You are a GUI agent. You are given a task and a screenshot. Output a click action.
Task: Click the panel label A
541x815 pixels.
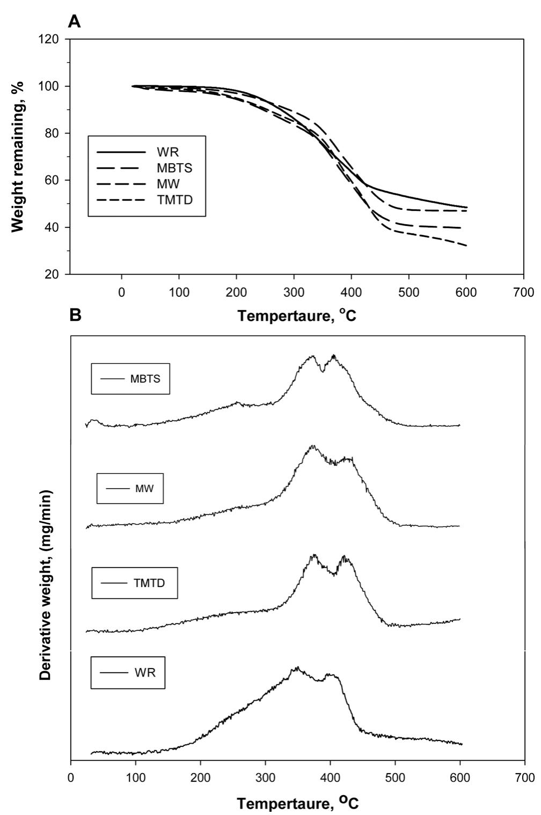click(x=76, y=22)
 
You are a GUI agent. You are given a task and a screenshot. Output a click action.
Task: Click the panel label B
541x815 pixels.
click(x=76, y=315)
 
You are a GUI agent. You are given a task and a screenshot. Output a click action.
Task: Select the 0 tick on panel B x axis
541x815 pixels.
click(x=71, y=776)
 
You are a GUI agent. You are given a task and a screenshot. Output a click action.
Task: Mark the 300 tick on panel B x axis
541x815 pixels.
click(x=265, y=776)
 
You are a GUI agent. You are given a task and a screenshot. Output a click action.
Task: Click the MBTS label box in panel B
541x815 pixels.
click(x=130, y=379)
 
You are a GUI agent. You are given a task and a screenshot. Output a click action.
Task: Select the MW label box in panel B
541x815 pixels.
click(x=130, y=488)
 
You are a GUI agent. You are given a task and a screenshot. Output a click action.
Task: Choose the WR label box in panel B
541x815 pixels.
click(x=128, y=672)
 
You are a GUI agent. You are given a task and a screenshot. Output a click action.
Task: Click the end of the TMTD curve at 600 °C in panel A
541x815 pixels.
click(x=466, y=245)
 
